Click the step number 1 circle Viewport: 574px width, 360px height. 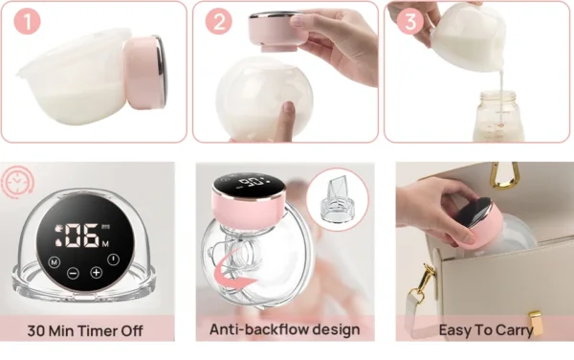[27, 22]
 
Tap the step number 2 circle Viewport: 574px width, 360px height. [219, 21]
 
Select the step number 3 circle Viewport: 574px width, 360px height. [410, 21]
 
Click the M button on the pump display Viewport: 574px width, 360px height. [55, 262]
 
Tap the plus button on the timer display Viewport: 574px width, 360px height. [97, 273]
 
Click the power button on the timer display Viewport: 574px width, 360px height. [114, 259]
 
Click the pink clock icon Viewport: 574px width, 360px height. [16, 181]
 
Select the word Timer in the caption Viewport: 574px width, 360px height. [98, 330]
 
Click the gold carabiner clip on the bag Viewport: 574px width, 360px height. [506, 175]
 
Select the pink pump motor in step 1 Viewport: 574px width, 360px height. [145, 73]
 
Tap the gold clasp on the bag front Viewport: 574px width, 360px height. [535, 322]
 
